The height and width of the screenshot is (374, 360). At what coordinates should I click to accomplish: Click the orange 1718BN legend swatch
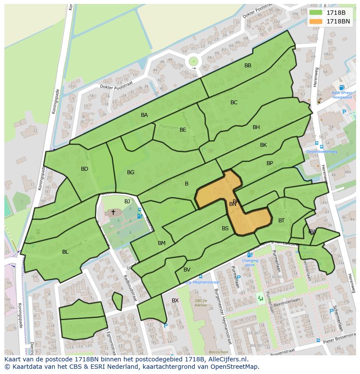tap(316, 21)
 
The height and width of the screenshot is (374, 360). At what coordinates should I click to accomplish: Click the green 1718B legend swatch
tap(316, 12)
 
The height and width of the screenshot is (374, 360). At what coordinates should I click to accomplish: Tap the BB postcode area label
tap(248, 66)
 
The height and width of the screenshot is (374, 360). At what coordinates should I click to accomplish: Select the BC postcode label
tap(234, 103)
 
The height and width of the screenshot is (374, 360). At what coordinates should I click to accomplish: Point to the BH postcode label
tap(256, 127)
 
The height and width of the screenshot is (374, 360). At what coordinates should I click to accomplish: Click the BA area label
tap(144, 115)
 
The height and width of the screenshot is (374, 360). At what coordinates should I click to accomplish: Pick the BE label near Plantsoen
tap(183, 130)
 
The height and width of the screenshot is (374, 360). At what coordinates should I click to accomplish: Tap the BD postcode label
tap(84, 169)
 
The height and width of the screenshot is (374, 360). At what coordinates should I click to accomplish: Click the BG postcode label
tap(130, 172)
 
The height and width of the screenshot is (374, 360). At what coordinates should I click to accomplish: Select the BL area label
tap(65, 252)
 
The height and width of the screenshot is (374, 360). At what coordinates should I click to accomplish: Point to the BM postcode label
tap(162, 243)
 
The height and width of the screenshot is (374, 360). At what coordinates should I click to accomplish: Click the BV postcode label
tap(187, 270)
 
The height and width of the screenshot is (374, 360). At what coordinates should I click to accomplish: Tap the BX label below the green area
tap(175, 301)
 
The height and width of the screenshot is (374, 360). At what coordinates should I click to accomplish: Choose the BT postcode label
tap(281, 221)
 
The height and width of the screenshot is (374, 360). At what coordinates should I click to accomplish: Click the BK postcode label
tap(263, 145)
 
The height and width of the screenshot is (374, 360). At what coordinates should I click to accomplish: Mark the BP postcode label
tap(270, 163)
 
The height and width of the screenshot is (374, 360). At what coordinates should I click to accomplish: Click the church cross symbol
tap(113, 212)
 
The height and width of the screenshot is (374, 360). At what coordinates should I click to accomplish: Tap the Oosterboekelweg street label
tap(321, 152)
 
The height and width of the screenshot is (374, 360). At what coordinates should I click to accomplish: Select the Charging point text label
tap(250, 262)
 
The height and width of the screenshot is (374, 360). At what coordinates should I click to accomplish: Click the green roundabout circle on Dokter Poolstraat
tap(193, 62)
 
